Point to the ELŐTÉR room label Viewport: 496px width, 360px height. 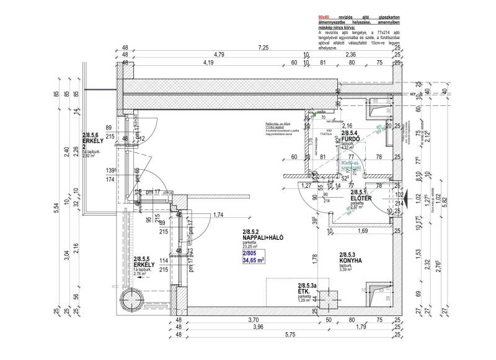[360, 198]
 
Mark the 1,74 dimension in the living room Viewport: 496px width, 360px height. [218, 214]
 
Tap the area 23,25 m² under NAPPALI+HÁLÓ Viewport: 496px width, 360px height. [254, 246]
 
